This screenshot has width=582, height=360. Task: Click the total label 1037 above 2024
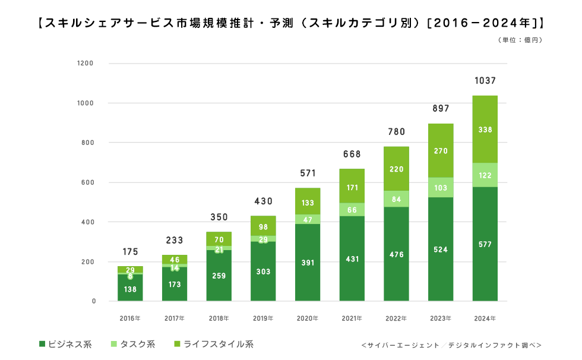tap(485, 81)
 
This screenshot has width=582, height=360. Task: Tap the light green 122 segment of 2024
tap(485, 175)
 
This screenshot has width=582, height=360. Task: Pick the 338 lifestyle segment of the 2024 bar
tap(485, 129)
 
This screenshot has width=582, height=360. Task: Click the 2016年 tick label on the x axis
tap(130, 319)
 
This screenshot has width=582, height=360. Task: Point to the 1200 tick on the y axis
tap(86, 63)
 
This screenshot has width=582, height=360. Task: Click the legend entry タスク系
tap(133, 344)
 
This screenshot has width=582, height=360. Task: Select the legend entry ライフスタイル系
tap(214, 344)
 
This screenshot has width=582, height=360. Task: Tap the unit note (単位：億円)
tap(519, 40)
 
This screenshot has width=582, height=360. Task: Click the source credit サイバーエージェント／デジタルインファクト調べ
tap(451, 345)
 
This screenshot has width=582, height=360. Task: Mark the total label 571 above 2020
tap(308, 173)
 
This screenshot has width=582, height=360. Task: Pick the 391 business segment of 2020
tap(308, 263)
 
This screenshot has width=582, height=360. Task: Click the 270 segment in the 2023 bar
tap(441, 151)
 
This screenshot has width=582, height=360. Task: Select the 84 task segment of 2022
tap(397, 199)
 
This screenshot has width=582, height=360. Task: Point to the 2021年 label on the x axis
tap(352, 319)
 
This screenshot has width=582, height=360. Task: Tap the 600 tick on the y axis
tap(88, 182)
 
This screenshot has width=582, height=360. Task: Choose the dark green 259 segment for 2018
tap(219, 276)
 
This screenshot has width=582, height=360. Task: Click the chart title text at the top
tap(290, 23)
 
